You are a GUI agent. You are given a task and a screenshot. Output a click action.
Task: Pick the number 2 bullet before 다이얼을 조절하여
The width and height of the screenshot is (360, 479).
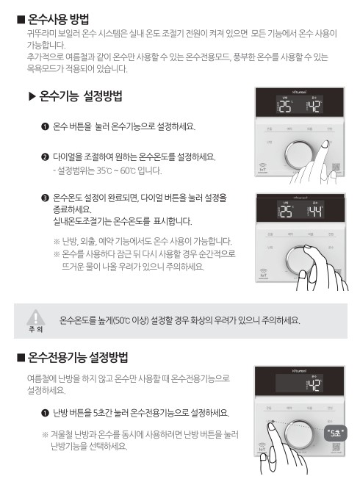click(x=46, y=156)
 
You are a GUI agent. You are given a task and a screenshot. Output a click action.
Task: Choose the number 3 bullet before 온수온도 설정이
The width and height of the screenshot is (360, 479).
click(x=46, y=198)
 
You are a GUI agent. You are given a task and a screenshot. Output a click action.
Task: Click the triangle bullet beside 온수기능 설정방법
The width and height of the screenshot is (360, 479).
click(x=32, y=97)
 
